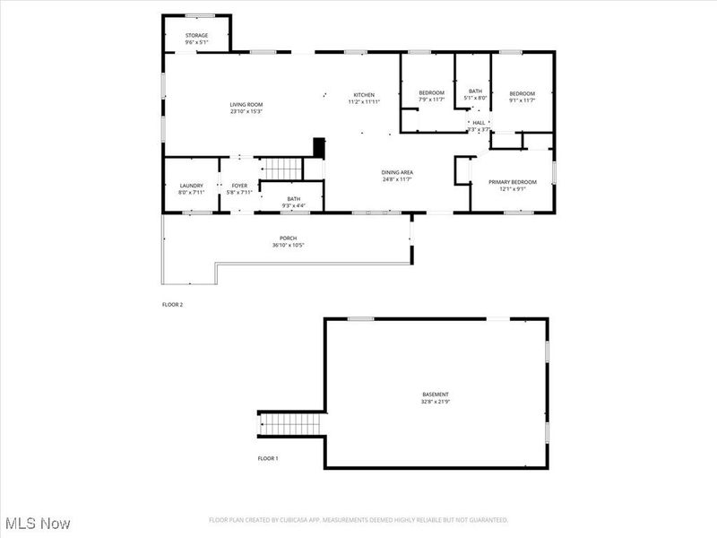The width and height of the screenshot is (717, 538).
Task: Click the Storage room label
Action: [196, 36]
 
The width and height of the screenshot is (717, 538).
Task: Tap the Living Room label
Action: [246, 105]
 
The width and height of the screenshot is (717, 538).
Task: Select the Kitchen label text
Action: [364, 95]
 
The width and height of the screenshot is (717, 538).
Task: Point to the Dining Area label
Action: [397, 172]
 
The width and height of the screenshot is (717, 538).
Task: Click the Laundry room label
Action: [192, 186]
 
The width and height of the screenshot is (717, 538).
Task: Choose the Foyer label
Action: [239, 186]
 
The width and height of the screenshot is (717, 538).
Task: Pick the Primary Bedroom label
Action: [512, 182]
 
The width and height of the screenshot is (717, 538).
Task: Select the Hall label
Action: [479, 123]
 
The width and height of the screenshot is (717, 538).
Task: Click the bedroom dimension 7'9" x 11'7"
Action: [432, 100]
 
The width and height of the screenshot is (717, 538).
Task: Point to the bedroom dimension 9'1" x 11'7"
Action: [522, 100]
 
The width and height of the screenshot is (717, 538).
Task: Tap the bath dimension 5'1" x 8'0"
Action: [475, 97]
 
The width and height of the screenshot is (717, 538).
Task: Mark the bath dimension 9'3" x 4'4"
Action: [293, 205]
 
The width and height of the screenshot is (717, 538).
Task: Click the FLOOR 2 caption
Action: [172, 305]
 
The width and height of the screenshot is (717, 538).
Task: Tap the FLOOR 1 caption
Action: [268, 458]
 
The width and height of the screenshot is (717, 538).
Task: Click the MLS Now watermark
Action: [38, 522]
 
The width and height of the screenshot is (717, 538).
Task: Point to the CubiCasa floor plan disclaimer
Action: [358, 520]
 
